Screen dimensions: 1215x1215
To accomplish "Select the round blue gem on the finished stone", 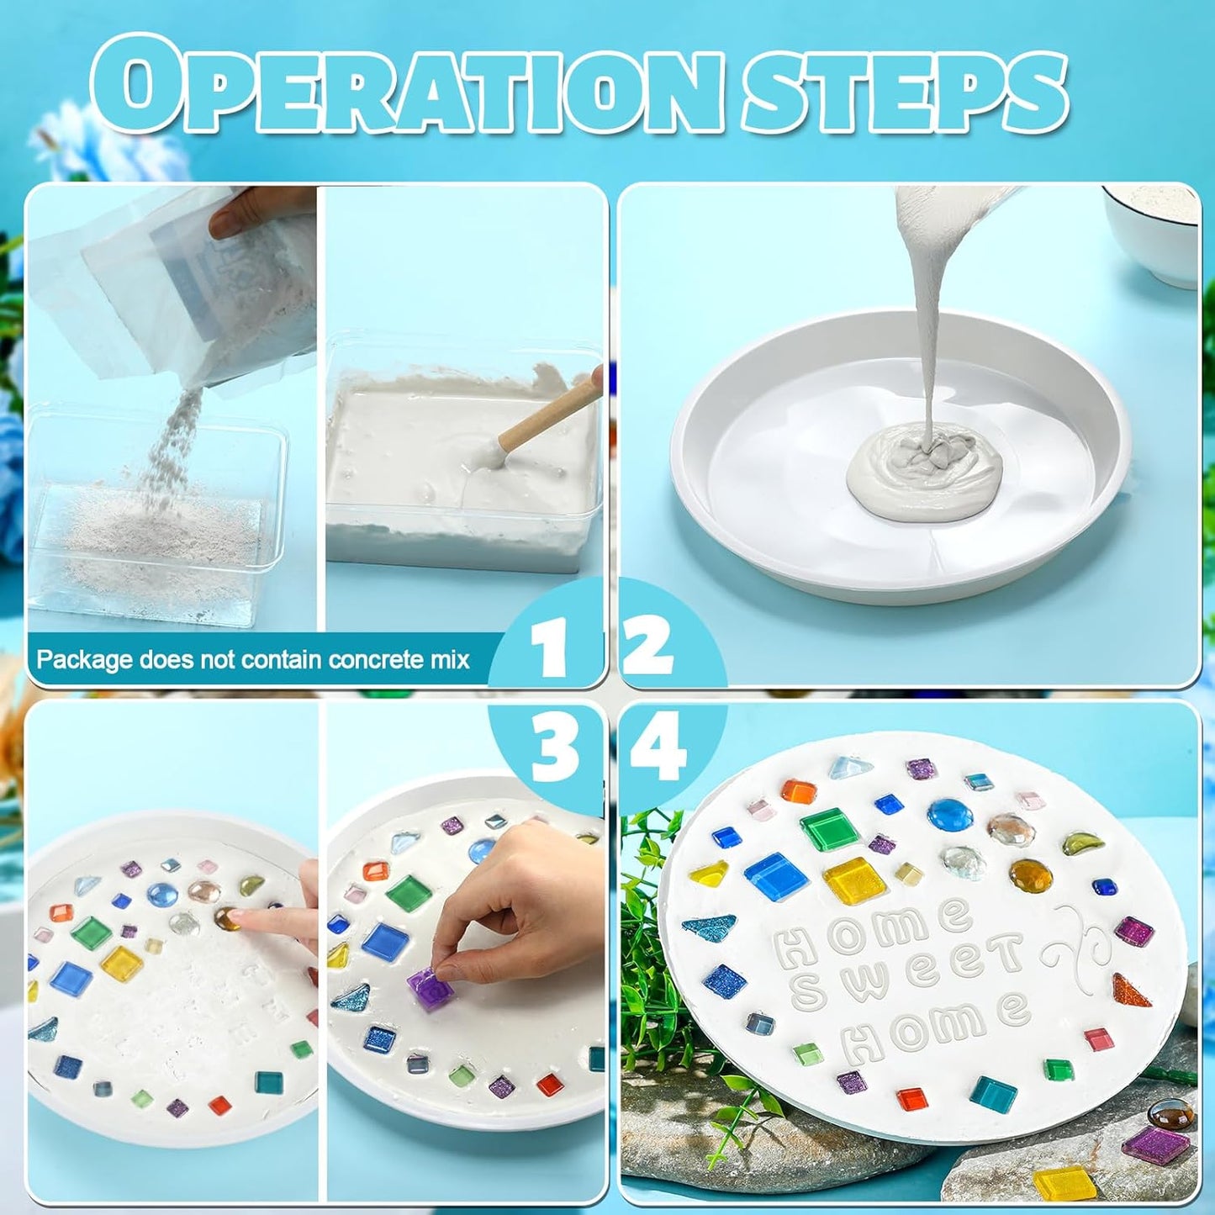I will pos(950,814).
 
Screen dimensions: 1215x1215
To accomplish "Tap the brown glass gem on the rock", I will pos(1171,1114).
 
